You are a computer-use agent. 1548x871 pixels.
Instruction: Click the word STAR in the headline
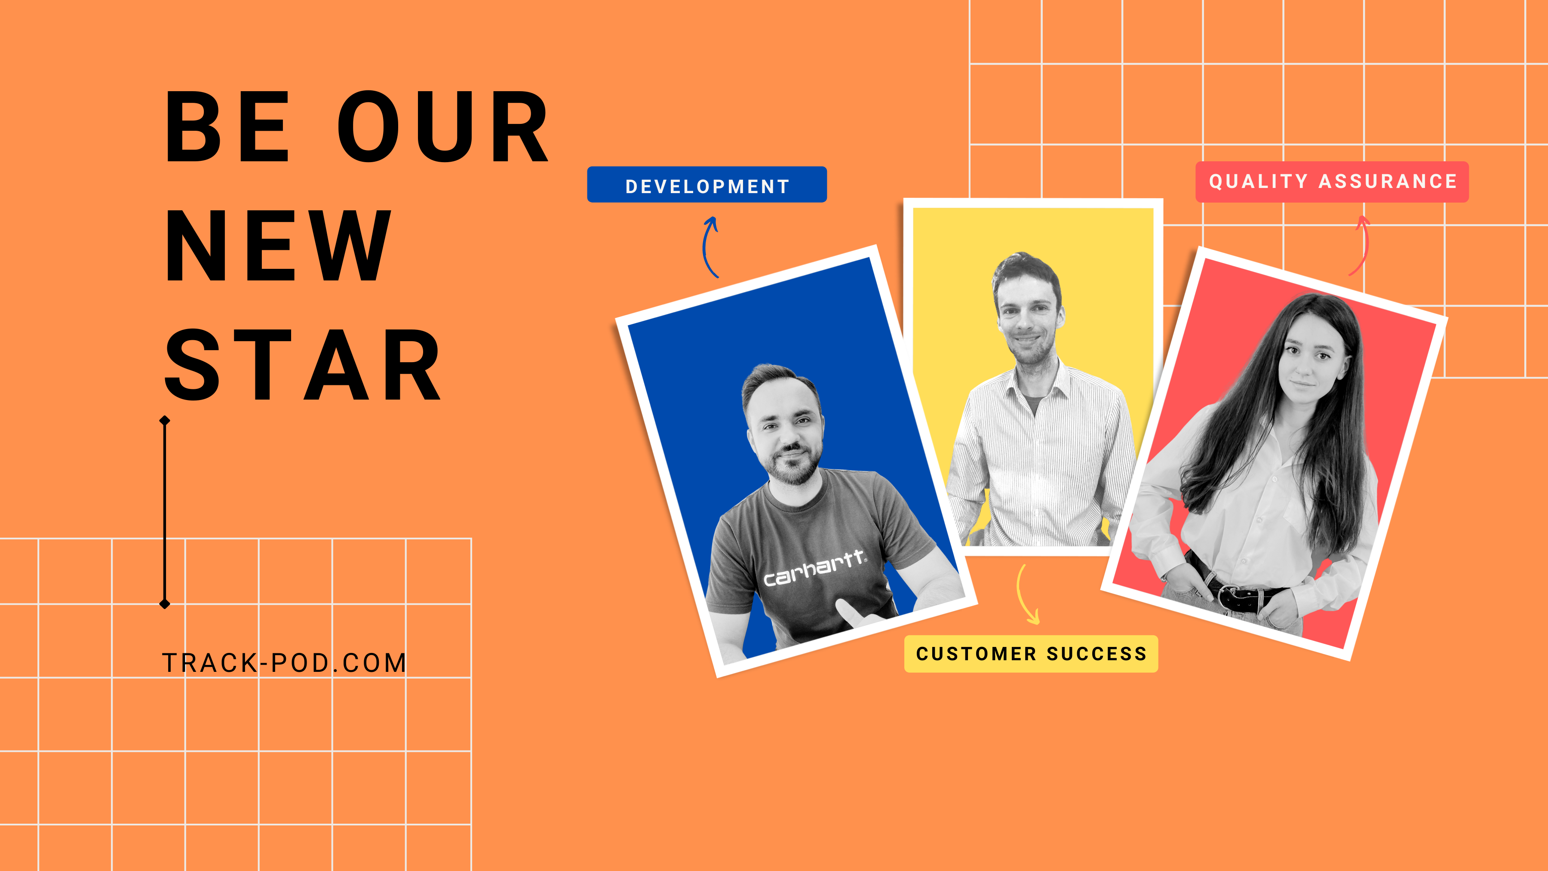click(303, 366)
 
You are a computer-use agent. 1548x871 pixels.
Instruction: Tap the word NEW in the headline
click(278, 246)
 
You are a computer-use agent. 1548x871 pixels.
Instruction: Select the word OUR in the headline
click(443, 127)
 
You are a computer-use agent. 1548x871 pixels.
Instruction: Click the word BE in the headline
click(227, 127)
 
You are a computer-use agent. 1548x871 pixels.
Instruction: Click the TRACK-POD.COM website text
click(285, 663)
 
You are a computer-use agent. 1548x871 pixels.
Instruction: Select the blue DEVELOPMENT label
click(706, 185)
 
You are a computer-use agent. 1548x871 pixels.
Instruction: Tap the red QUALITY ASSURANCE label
click(1332, 182)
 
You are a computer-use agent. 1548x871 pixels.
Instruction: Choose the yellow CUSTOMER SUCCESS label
click(1031, 653)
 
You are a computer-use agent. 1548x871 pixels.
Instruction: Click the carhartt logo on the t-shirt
click(815, 568)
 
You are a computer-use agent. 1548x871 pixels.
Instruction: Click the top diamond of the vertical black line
click(165, 421)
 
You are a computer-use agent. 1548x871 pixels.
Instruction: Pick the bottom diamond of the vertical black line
click(165, 603)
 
